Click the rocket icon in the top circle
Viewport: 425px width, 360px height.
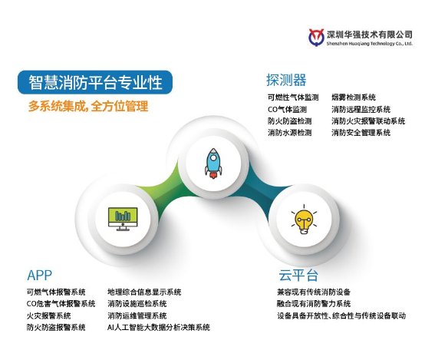click(x=213, y=163)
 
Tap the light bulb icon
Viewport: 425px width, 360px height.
click(x=304, y=220)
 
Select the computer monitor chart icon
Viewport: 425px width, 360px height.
click(x=123, y=219)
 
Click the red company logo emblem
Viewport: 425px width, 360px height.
click(x=316, y=38)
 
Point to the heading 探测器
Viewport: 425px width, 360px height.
click(x=286, y=80)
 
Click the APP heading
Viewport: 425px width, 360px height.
click(x=40, y=276)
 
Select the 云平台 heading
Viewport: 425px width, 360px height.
click(x=298, y=276)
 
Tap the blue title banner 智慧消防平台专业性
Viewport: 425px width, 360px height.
click(x=95, y=82)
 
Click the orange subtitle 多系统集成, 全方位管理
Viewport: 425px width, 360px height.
click(x=88, y=106)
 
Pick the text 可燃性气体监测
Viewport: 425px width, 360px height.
click(x=293, y=97)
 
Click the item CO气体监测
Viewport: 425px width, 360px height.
click(x=288, y=109)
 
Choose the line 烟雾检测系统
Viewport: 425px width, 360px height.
click(x=354, y=97)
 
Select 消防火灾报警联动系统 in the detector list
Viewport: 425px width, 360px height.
click(x=368, y=121)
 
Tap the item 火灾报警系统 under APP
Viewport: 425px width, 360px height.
click(x=49, y=315)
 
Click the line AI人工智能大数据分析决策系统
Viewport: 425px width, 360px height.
click(x=159, y=328)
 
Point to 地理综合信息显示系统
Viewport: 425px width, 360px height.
click(x=144, y=292)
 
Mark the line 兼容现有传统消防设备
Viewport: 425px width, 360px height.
click(x=314, y=292)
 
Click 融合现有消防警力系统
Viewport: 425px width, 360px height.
click(x=314, y=304)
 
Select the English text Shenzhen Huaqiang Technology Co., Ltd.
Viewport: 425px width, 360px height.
click(x=370, y=44)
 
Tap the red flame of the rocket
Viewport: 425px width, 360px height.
click(x=213, y=175)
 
